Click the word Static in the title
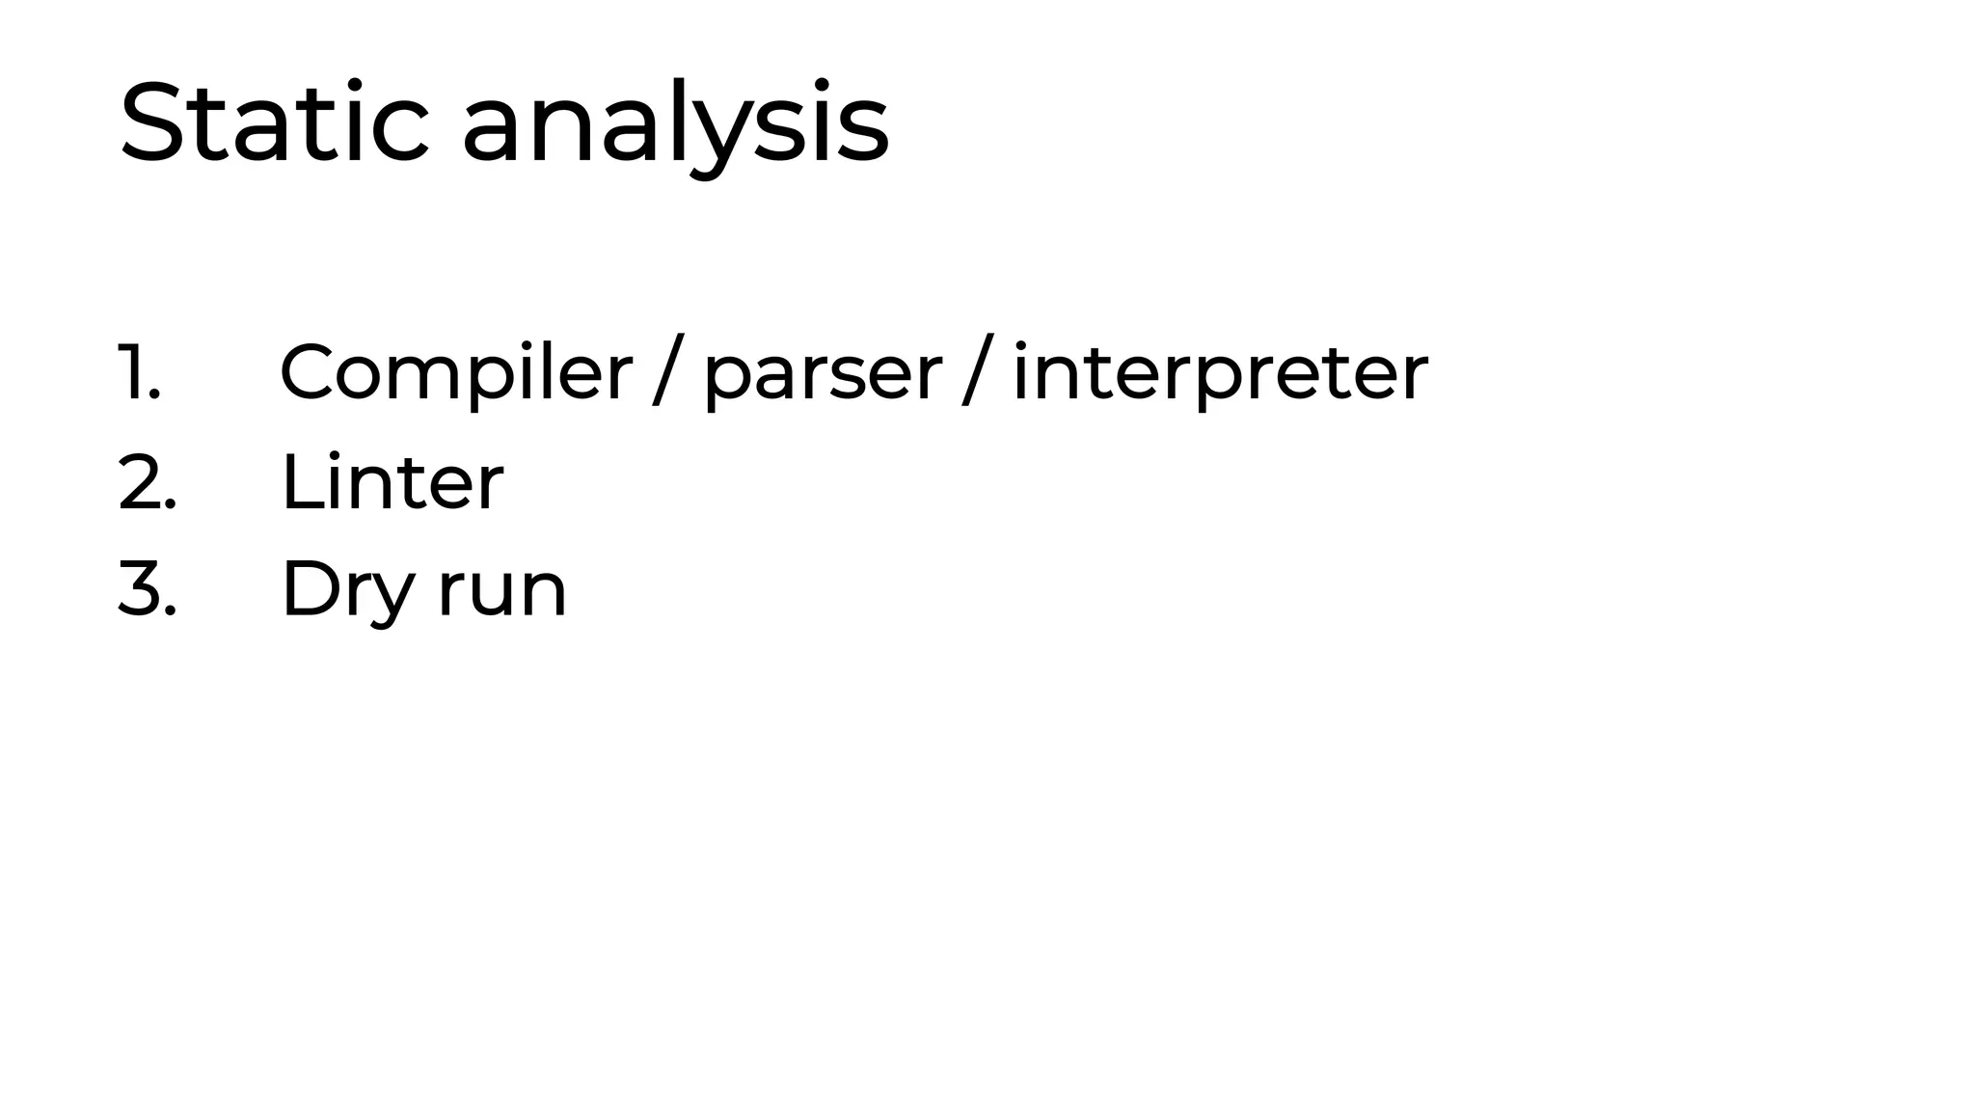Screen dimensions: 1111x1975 tap(274, 123)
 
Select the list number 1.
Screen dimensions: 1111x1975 tap(139, 372)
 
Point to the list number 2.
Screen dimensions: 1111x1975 tap(147, 482)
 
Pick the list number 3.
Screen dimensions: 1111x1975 tap(147, 588)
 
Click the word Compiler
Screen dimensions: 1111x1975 tap(455, 374)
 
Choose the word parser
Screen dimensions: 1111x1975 tap(823, 376)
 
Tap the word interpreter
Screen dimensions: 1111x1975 tap(1220, 374)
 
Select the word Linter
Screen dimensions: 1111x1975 tap(392, 482)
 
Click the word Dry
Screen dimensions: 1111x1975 tap(347, 590)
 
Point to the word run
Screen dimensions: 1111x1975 tap(502, 592)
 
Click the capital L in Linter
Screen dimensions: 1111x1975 tap(298, 482)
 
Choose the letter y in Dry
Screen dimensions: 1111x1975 tap(395, 598)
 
